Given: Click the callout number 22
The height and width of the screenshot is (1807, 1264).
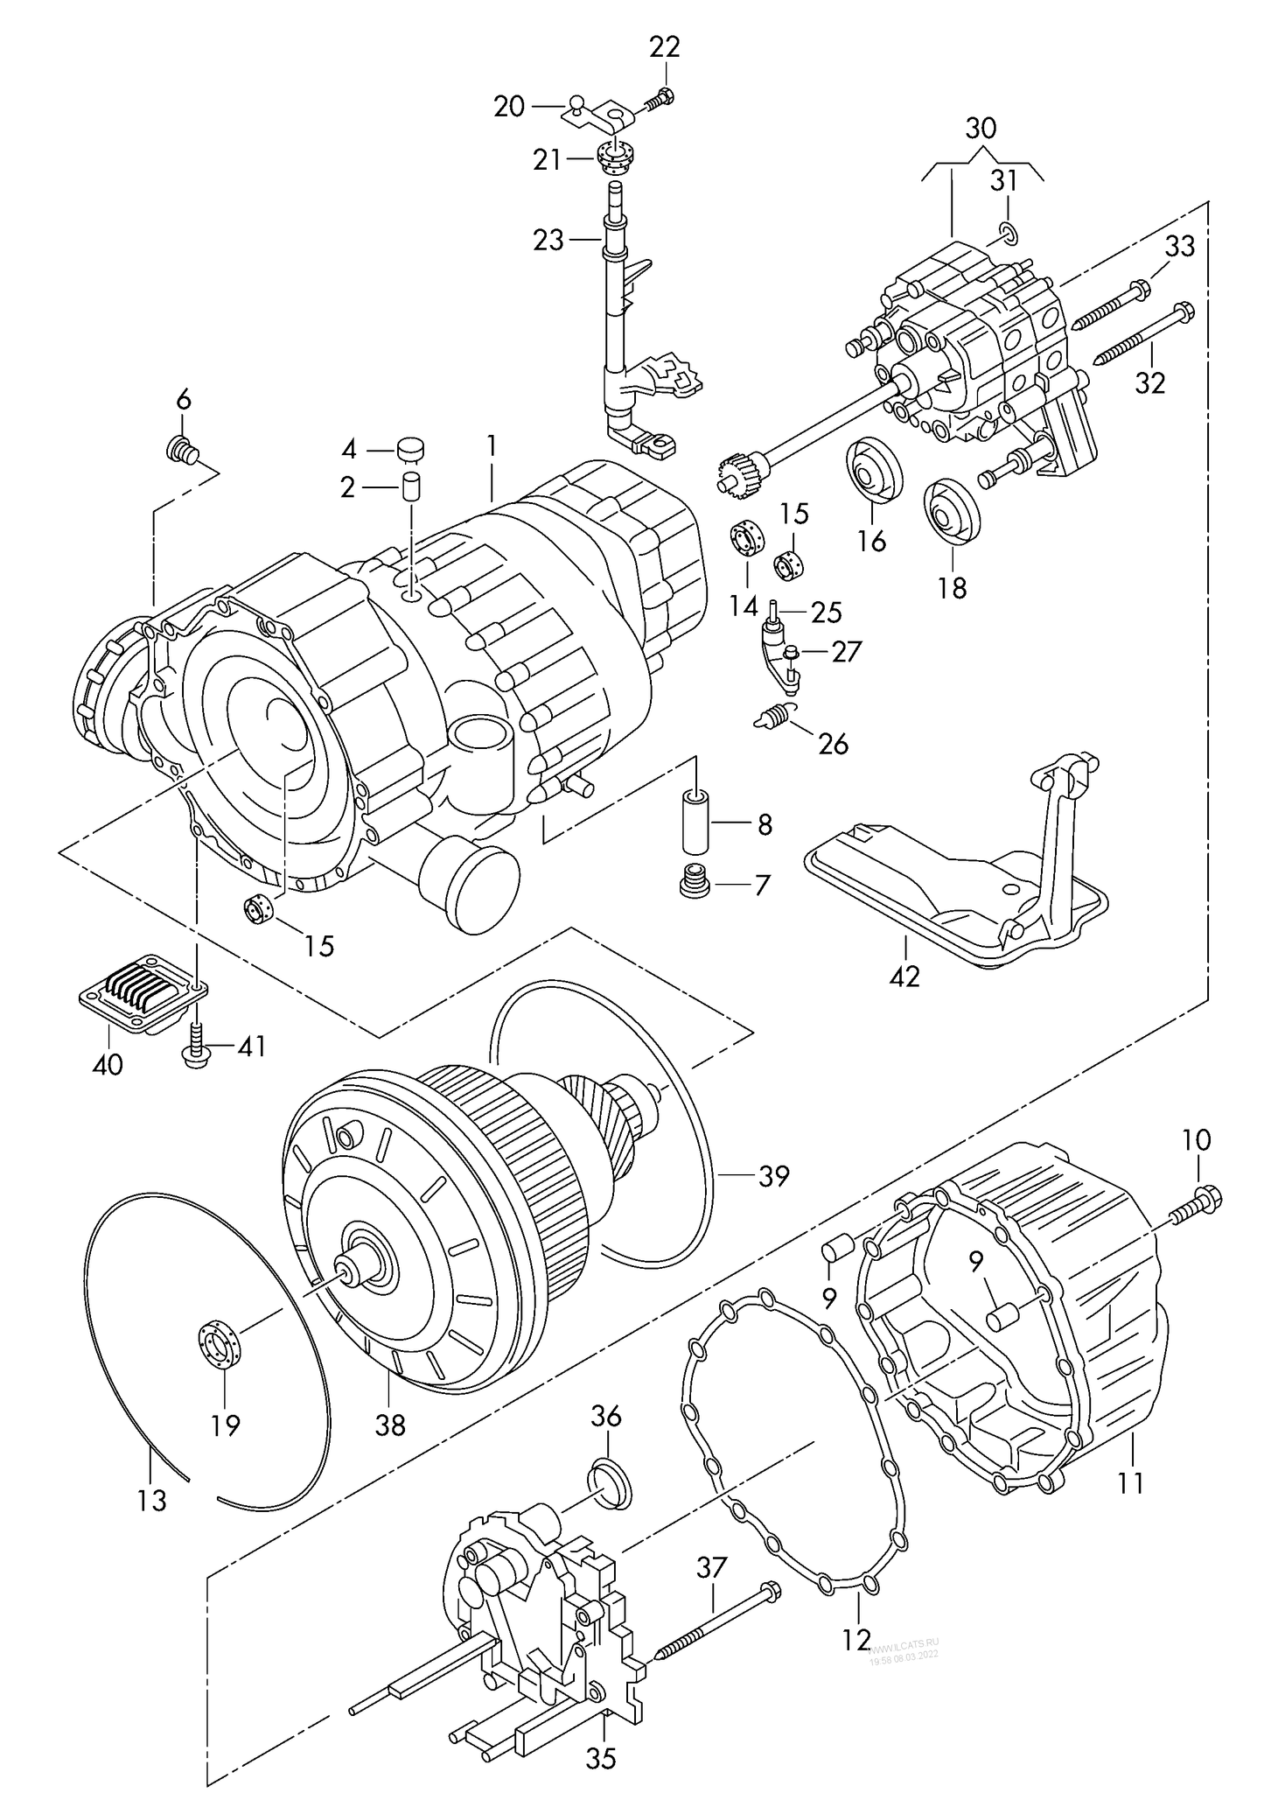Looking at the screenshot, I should (x=664, y=47).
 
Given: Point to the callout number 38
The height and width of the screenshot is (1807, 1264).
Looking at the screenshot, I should (x=390, y=1425).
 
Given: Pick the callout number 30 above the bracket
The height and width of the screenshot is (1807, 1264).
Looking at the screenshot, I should (x=981, y=129).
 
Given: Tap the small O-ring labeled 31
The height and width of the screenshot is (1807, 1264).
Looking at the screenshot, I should (x=1007, y=233).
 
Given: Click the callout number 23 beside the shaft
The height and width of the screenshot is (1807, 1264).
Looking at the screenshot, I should (x=548, y=240).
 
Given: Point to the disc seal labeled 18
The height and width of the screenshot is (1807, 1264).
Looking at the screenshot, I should (x=952, y=512).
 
